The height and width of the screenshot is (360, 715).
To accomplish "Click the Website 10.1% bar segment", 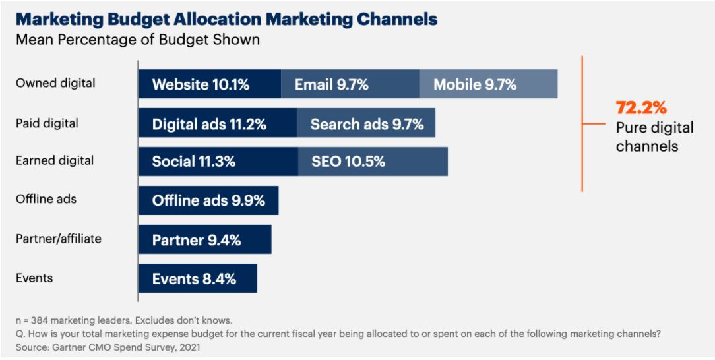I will pos(210,84).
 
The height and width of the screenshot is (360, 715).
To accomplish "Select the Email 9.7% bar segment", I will pos(350,84).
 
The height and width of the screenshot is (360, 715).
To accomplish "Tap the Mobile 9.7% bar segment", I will pos(488,84).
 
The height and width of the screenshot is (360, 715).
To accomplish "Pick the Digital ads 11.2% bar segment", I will pos(217,123).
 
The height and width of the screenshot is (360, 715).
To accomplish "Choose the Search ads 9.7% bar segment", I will pos(366,123).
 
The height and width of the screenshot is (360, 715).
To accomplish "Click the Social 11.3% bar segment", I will pos(218,162).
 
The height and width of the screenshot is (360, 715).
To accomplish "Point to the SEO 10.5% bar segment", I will pos(373,162).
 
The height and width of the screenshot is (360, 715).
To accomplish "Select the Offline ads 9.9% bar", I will pos(208,200).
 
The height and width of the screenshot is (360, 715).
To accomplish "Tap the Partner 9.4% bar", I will pos(204,239).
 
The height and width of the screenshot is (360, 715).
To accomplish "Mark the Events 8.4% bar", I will pos(197,278).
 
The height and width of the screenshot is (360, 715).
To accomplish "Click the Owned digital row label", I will pos(55,83).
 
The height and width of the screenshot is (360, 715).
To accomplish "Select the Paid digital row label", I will pos(47,123).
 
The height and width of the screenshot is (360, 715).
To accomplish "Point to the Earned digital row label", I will pos(55,160).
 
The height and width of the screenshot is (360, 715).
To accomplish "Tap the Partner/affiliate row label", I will pos(59,239).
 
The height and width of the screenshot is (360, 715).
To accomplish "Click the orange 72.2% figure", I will pos(641,107).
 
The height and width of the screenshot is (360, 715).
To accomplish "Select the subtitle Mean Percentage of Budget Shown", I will pos(137,40).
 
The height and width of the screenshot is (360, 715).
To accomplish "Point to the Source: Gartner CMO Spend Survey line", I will pos(108,347).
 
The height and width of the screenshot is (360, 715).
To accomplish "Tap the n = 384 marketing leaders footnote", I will pos(124,321).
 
